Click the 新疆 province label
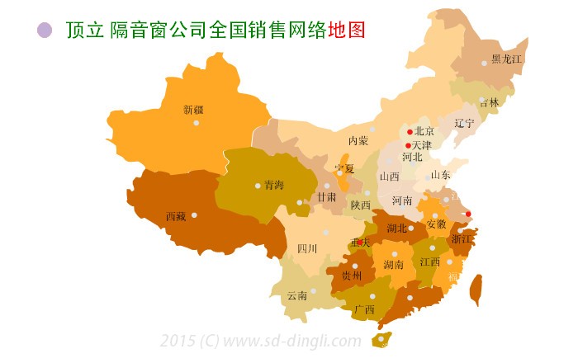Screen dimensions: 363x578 193,109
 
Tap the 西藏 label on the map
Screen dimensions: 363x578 175,217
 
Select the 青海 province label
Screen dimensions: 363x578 274,185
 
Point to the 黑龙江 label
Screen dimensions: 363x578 506,59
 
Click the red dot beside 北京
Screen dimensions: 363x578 410,131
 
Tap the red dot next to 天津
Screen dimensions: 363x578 408,146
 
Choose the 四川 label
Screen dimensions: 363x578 307,248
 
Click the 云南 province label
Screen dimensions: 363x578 296,295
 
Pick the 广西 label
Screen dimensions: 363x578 364,310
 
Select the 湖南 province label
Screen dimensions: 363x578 393,266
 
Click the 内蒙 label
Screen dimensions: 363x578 358,141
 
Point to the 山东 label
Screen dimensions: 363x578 441,175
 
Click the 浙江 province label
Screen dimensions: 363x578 462,239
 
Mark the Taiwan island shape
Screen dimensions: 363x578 476,290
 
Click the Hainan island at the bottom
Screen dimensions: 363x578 381,339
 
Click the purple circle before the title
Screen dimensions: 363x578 45,31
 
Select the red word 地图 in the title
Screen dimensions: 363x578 346,30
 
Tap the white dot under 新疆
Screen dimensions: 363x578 197,123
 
